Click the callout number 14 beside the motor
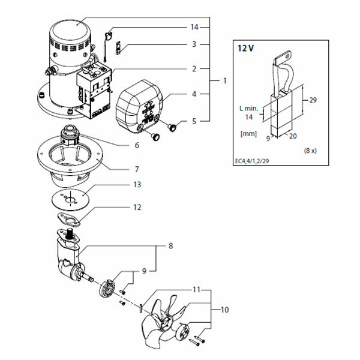point(194,28)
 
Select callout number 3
point(194,44)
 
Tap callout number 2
point(194,69)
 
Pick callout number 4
point(194,94)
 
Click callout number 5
point(194,121)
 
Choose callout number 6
point(137,145)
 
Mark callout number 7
point(137,169)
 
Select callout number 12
point(137,208)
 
